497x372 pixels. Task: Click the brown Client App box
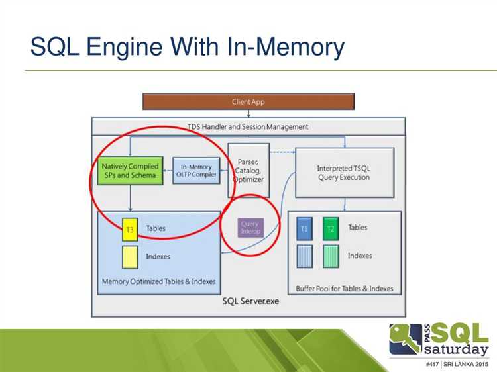tap(248, 102)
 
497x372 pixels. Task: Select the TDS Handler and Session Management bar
tap(247, 126)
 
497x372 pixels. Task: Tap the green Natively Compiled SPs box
tap(129, 171)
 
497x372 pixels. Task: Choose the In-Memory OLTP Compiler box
tap(195, 170)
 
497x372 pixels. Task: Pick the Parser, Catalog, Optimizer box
tap(249, 170)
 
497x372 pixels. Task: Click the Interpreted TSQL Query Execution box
tap(344, 173)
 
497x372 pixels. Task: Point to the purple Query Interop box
tap(250, 228)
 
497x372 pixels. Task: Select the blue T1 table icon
tap(305, 228)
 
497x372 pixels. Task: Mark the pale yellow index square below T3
tap(129, 257)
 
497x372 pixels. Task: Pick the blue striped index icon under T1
tap(305, 256)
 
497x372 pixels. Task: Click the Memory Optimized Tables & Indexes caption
tap(159, 282)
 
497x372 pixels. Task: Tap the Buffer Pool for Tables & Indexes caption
tap(345, 289)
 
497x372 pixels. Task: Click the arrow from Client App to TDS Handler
tap(248, 114)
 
